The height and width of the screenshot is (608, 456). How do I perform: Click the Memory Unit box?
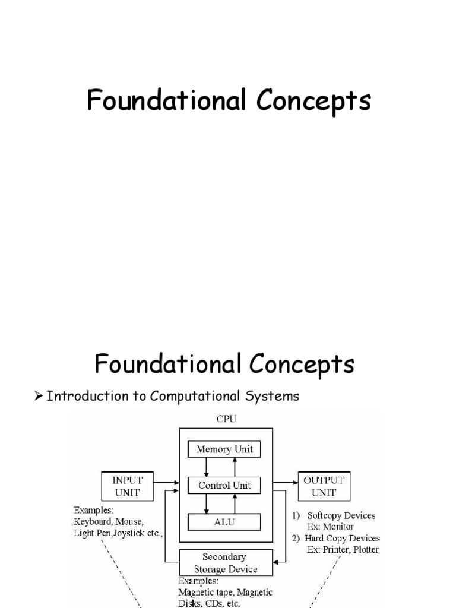[225, 449]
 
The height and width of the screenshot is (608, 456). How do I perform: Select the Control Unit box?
[225, 485]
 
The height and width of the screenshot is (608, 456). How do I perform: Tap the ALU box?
[225, 522]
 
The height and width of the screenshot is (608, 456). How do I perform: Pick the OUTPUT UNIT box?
[324, 486]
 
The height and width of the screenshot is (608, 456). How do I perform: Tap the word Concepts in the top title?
[314, 100]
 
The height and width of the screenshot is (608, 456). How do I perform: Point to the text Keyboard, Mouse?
[109, 522]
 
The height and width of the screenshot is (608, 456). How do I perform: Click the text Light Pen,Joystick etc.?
[117, 533]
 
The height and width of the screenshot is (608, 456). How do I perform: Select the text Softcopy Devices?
[341, 515]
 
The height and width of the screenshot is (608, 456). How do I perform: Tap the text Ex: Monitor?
[330, 527]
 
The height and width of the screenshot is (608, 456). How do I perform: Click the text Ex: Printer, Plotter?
[343, 550]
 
